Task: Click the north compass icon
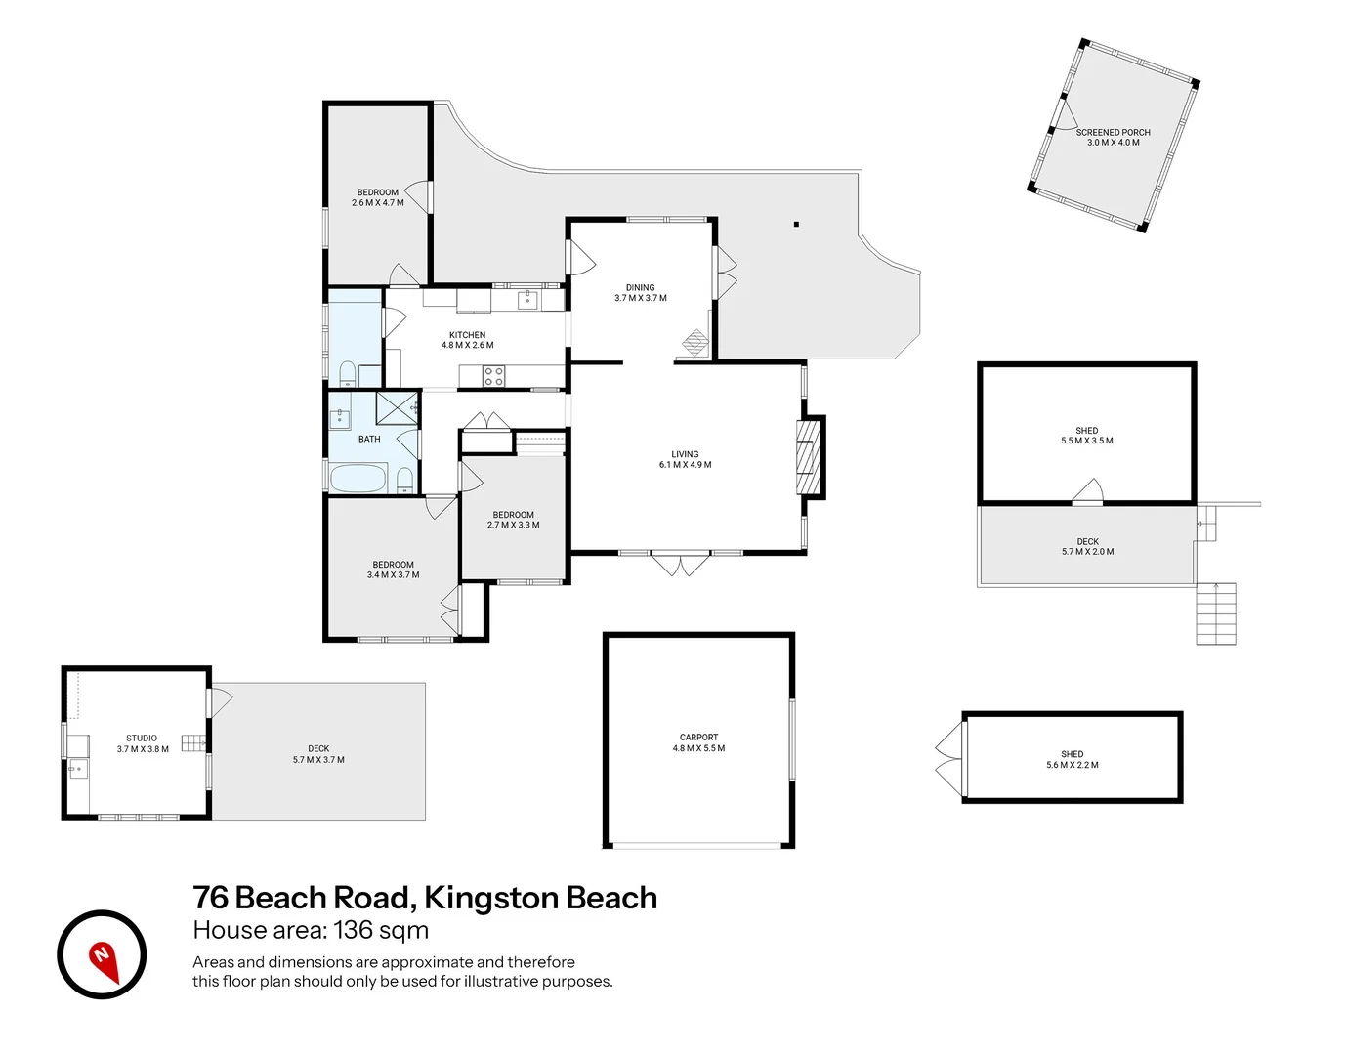[102, 954]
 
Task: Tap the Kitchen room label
[468, 340]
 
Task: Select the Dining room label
[641, 293]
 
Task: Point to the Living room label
[685, 459]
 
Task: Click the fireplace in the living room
[807, 457]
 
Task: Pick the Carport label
[698, 742]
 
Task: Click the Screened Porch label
[1113, 137]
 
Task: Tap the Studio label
[143, 743]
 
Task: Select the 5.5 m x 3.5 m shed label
[1087, 436]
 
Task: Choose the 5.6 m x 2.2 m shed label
[1072, 759]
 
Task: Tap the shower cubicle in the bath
[397, 408]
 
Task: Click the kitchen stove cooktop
[494, 375]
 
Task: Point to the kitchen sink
[527, 298]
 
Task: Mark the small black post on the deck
[796, 225]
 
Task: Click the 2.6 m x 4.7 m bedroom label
[378, 197]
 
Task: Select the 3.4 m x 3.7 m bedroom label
[393, 570]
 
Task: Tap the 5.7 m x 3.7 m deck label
[318, 754]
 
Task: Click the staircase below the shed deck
[1216, 613]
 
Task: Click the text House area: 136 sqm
[311, 930]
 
